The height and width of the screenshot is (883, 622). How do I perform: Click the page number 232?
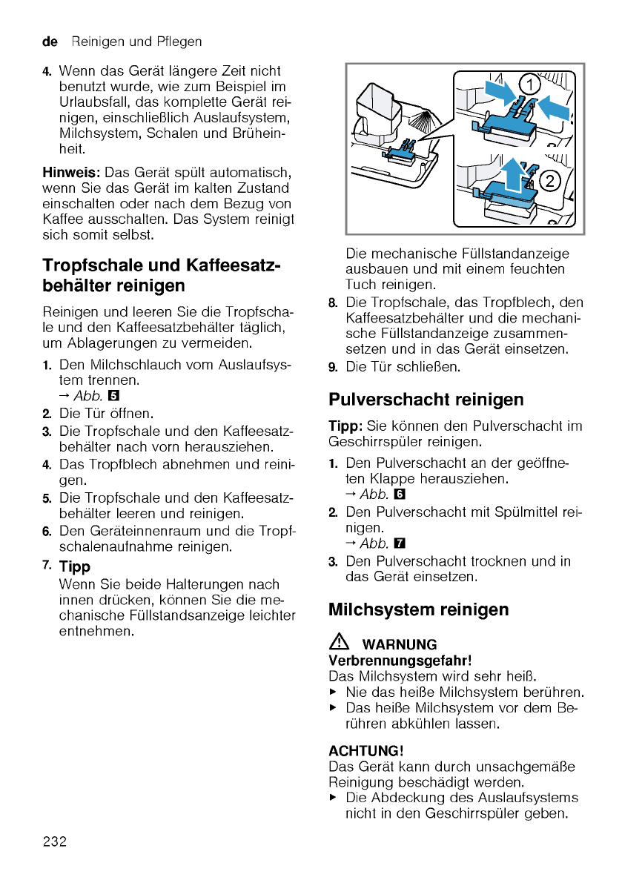[x=55, y=841]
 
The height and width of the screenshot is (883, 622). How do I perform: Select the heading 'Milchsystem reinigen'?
[x=418, y=609]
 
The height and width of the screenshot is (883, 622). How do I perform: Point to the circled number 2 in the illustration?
[x=549, y=180]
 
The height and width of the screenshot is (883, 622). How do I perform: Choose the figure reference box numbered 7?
[x=400, y=545]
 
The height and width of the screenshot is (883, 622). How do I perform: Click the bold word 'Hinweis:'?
[x=66, y=172]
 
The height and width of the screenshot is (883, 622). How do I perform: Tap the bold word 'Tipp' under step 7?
[x=74, y=567]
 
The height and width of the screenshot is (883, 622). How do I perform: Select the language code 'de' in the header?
[x=50, y=42]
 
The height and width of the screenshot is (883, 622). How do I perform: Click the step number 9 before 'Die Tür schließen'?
[x=333, y=367]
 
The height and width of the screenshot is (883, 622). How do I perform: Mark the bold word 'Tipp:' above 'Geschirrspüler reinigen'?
[x=345, y=426]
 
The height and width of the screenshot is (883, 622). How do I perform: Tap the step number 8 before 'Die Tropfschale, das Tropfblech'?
[x=333, y=303]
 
